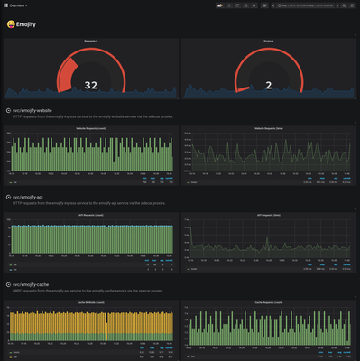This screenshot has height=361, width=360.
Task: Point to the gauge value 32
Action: click(90, 85)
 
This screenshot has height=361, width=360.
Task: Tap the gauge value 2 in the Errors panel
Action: click(269, 85)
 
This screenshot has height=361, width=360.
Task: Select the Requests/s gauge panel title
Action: click(90, 42)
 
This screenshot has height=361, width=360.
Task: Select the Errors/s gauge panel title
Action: click(269, 42)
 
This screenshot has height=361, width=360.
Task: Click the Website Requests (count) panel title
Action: click(90, 128)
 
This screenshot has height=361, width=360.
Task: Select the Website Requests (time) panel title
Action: click(269, 128)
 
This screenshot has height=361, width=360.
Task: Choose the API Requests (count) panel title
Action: click(90, 215)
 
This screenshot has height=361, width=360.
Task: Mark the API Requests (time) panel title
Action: click(269, 215)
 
